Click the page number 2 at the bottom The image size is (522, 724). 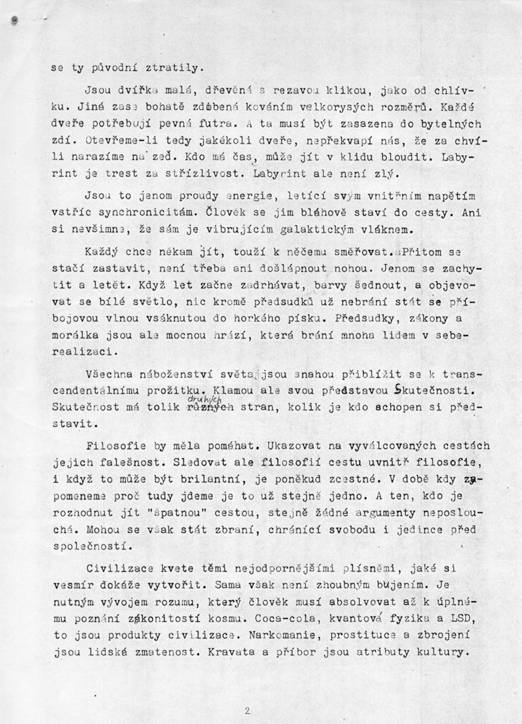(247, 710)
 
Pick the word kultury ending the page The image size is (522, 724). (445, 652)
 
